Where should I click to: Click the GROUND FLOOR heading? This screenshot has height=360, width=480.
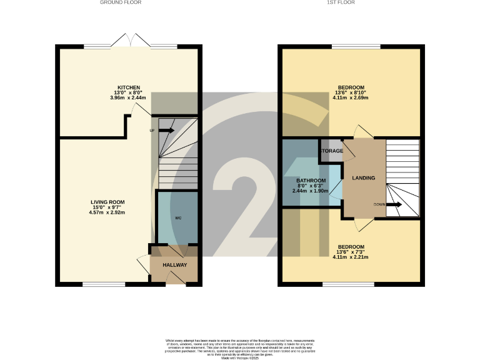click(x=121, y=2)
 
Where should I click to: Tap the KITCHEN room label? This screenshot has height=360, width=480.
click(x=129, y=87)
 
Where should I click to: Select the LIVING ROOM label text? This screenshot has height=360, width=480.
click(x=108, y=202)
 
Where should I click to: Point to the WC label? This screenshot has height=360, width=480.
click(x=177, y=218)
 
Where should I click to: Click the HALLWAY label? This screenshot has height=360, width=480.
click(x=175, y=265)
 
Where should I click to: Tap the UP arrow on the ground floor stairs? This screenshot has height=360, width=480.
click(x=166, y=131)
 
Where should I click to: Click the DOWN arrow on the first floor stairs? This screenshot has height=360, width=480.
click(x=394, y=204)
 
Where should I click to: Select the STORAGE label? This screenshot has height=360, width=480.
click(x=331, y=151)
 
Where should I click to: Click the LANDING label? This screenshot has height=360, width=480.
click(x=364, y=178)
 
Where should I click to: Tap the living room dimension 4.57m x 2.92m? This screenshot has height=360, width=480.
click(x=108, y=212)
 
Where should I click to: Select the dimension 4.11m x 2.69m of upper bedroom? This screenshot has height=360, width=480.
click(x=351, y=98)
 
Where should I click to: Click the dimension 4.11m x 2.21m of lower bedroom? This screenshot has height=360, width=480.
click(x=351, y=257)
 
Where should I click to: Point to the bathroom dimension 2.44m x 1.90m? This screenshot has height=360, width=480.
click(x=310, y=191)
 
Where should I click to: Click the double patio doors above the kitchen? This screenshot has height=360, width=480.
click(x=131, y=42)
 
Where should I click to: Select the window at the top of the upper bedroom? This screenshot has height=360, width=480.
click(x=355, y=46)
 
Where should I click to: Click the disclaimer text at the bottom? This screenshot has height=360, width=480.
click(x=240, y=347)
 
